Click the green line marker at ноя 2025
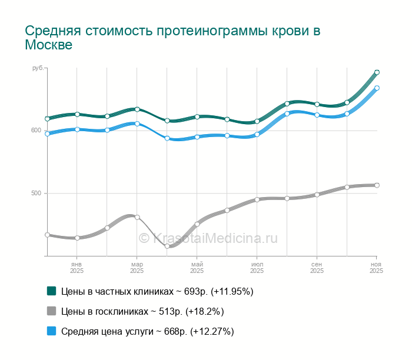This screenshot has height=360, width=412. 377,72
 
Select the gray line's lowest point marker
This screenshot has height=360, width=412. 167,246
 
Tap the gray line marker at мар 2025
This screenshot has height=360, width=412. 137,217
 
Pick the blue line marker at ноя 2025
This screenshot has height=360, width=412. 377,88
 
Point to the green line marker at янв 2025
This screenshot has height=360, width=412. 77,114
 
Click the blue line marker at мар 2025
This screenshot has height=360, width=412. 137,124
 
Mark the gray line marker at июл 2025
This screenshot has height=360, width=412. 257,199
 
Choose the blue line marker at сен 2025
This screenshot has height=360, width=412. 317,115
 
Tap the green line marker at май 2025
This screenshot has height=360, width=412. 197,116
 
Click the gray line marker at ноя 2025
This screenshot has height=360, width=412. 377,185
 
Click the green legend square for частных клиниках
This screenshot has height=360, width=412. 51,291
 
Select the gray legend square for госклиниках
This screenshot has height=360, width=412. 51,311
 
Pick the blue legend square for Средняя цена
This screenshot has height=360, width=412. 51,331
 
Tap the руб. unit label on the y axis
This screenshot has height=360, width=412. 38,69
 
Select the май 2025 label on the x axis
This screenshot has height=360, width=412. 197,268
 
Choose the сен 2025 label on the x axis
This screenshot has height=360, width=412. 317,268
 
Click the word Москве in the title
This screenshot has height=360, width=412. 49,45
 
